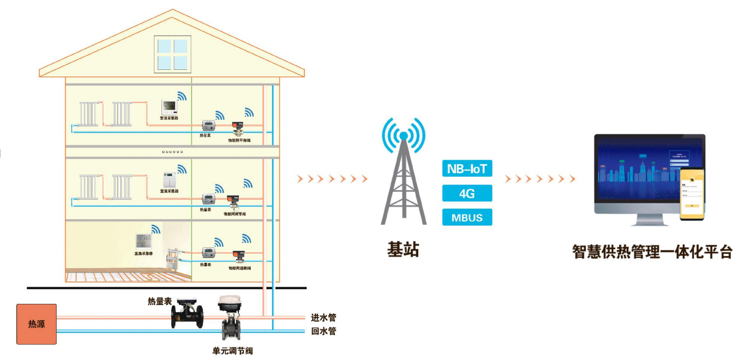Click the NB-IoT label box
467,168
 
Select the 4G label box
467,193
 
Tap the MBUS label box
467,218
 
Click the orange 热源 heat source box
36,324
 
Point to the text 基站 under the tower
403,250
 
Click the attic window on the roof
173,53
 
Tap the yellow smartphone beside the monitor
692,195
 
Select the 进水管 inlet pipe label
324,318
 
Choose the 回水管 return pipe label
324,331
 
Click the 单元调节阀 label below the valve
232,351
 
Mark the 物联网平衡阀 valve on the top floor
237,126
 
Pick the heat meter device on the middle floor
207,198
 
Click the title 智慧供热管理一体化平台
652,251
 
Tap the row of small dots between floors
172,152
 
